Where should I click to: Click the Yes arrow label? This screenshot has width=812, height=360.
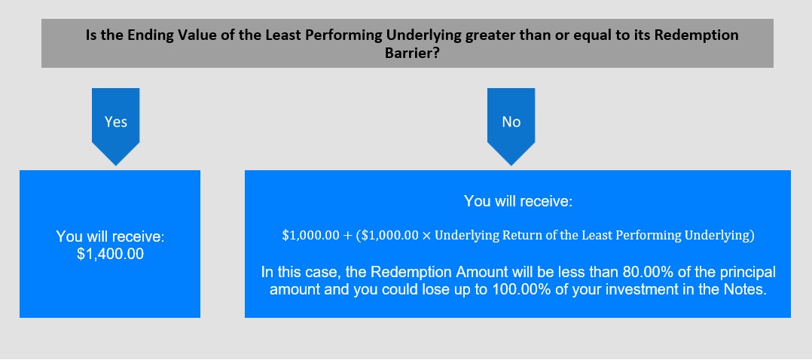pos(115,122)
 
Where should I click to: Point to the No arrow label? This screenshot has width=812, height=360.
pos(511,122)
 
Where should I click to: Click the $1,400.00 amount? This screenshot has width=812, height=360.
pos(110,255)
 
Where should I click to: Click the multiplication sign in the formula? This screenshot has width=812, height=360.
pos(426,235)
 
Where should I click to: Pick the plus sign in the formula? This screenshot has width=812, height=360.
pos(347,235)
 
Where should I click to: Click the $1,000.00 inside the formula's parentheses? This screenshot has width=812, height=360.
pos(389,235)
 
